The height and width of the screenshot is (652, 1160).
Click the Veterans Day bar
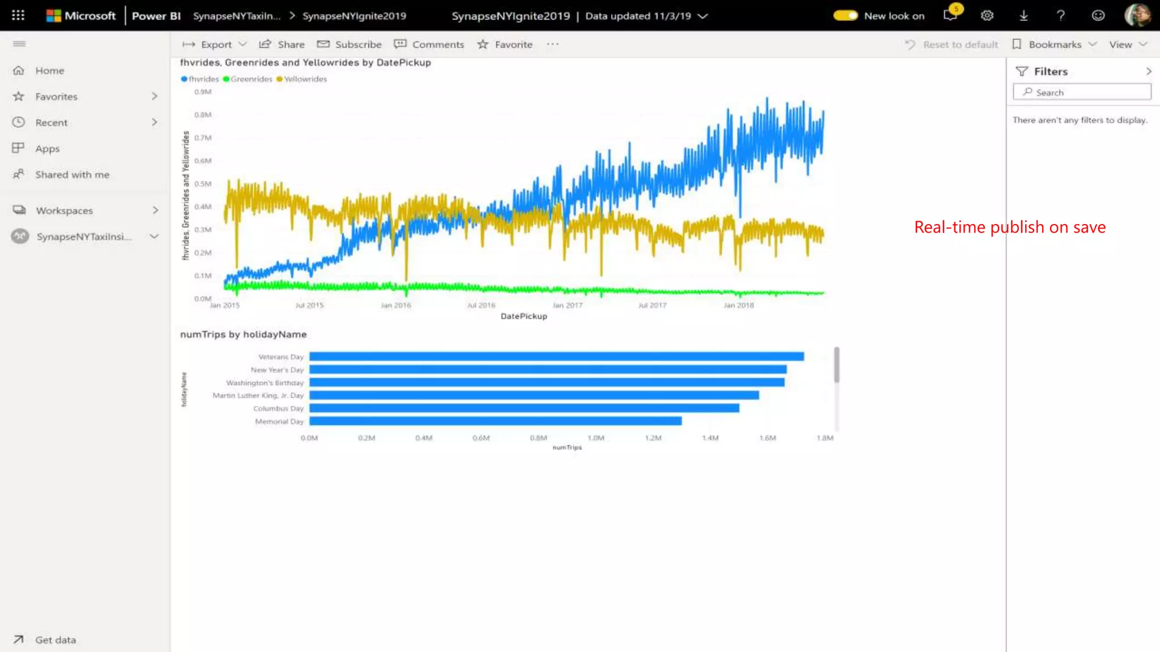click(x=556, y=357)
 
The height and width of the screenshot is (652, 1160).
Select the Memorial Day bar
click(x=495, y=421)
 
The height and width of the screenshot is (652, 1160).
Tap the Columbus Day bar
click(x=524, y=408)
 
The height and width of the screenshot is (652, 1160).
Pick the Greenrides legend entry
click(x=251, y=79)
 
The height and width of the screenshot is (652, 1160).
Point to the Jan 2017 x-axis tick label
click(x=567, y=306)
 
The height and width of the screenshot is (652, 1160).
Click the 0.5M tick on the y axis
click(x=203, y=184)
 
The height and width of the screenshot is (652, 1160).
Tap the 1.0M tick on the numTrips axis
click(x=596, y=438)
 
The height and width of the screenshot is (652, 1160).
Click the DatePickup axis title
click(x=524, y=316)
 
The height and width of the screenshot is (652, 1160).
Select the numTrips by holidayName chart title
click(x=244, y=334)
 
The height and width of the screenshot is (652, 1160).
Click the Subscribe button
click(x=349, y=45)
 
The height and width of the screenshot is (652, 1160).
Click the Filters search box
click(x=1082, y=92)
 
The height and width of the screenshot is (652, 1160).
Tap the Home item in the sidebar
click(x=50, y=71)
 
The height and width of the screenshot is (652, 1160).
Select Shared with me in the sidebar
click(x=72, y=175)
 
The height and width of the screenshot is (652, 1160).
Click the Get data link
click(x=55, y=640)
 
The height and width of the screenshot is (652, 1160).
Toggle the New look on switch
click(x=845, y=16)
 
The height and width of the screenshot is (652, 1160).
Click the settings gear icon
click(x=987, y=16)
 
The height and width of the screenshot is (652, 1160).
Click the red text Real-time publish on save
click(x=1009, y=228)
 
